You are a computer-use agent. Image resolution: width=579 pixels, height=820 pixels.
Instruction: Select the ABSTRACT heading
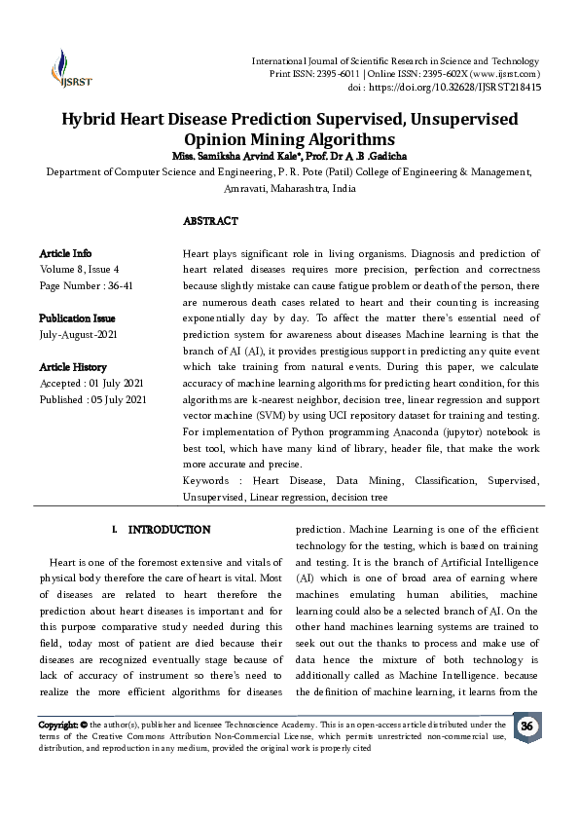pyautogui.click(x=210, y=221)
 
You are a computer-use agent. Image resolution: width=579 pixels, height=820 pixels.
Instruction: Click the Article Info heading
pyautogui.click(x=65, y=253)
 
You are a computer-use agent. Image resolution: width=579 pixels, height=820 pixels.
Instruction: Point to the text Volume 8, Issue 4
pyautogui.click(x=79, y=269)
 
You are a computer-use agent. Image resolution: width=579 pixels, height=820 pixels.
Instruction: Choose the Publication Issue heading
pyautogui.click(x=77, y=318)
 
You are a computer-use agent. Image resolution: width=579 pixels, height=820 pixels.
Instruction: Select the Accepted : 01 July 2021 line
pyautogui.click(x=90, y=383)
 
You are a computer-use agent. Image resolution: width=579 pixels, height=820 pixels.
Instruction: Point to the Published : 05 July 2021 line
pyautogui.click(x=92, y=399)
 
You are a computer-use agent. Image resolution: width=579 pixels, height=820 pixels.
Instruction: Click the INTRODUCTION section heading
pyautogui.click(x=169, y=530)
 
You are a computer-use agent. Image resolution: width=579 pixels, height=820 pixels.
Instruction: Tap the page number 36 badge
pyautogui.click(x=526, y=727)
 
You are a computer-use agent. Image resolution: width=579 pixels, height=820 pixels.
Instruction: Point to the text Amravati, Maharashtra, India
pyautogui.click(x=289, y=188)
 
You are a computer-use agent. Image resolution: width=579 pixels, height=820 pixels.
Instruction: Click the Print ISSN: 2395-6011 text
pyautogui.click(x=306, y=74)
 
